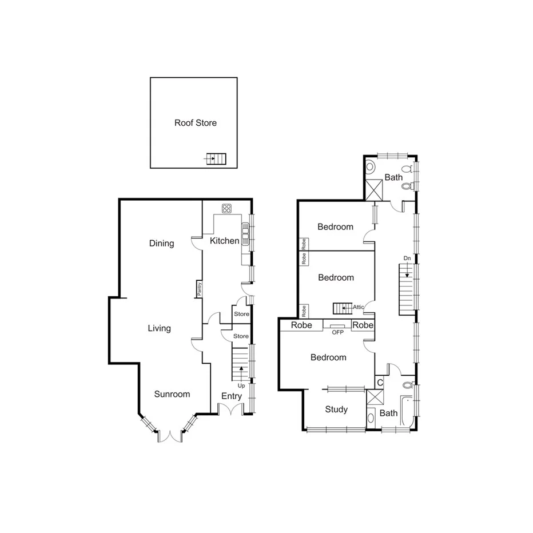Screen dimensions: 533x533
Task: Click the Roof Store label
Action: tap(196, 123)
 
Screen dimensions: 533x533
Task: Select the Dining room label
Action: tap(161, 244)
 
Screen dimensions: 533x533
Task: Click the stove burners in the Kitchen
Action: tap(226, 208)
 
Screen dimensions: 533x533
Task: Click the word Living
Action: tap(159, 328)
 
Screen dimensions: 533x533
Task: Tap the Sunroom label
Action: tap(172, 394)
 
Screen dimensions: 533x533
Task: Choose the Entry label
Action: tap(232, 396)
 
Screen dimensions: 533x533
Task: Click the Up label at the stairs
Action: tap(241, 385)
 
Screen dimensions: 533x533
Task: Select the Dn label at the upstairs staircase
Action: tap(407, 258)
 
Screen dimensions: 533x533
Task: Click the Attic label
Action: tap(359, 307)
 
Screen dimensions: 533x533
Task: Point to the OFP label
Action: tap(337, 332)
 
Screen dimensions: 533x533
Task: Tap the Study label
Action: tap(336, 409)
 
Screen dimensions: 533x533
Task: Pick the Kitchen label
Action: tap(224, 241)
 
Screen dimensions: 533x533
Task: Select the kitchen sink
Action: tap(245, 234)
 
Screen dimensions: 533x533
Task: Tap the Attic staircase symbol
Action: tap(343, 308)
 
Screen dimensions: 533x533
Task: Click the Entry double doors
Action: tap(232, 409)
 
